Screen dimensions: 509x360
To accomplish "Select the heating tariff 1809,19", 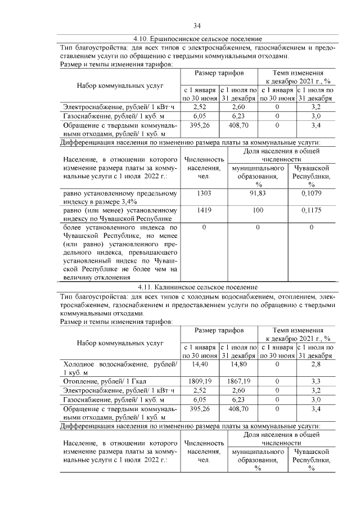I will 200,381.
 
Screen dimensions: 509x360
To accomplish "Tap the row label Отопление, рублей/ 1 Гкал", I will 105,381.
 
